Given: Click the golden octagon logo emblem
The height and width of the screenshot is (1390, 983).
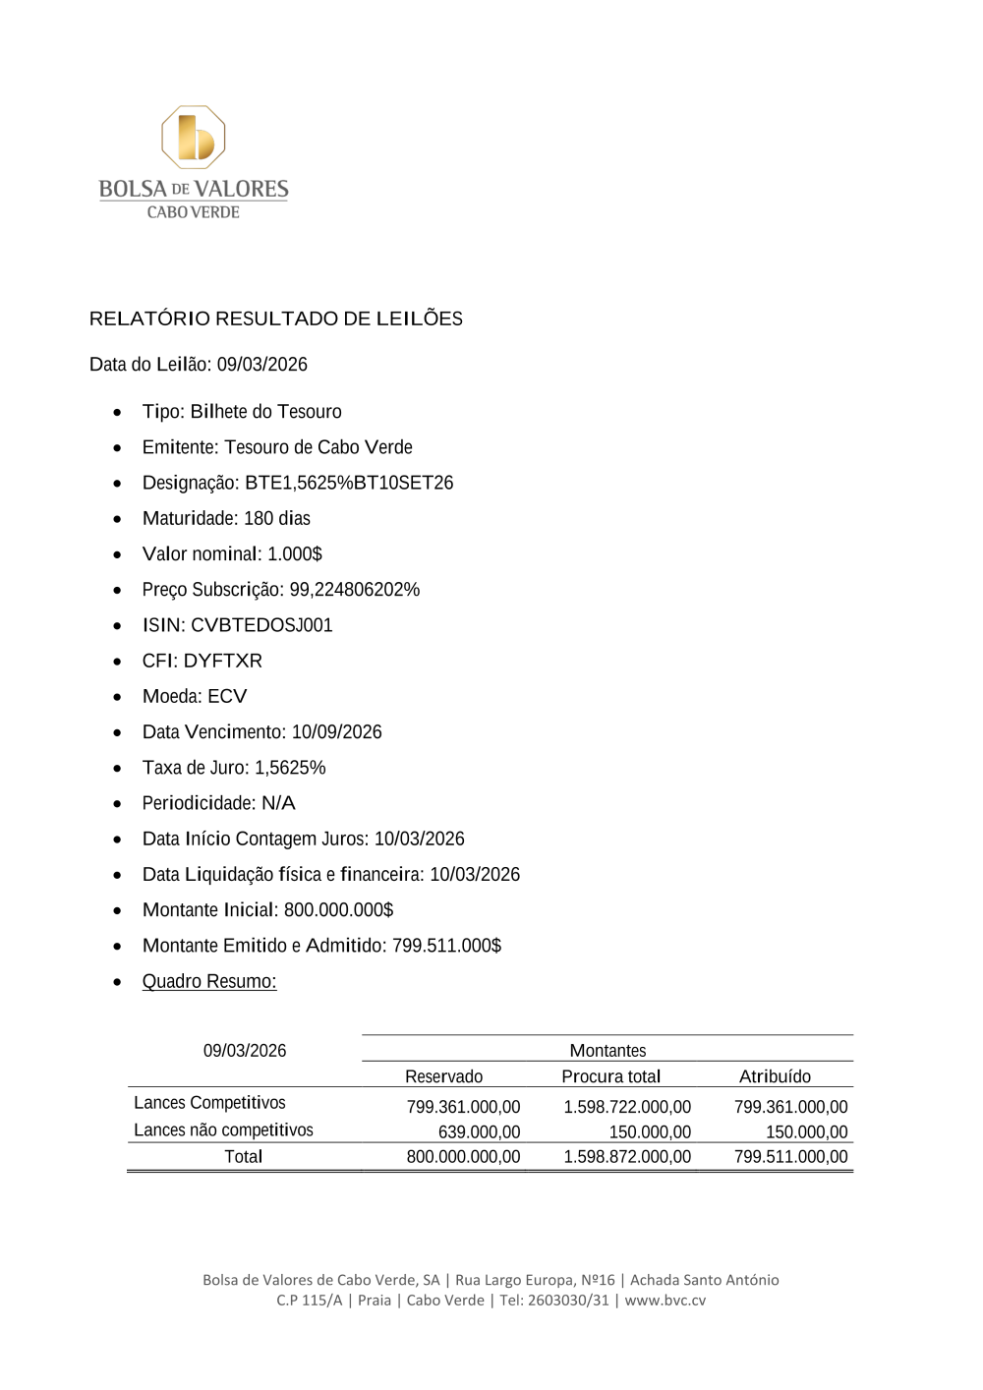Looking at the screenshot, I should coord(194,138).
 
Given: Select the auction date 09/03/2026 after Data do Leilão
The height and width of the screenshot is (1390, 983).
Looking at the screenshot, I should coord(262,365).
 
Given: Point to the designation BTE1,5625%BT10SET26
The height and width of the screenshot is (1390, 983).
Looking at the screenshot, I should coord(349,483).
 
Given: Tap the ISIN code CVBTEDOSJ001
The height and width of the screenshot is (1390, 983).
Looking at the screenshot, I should coord(261,625).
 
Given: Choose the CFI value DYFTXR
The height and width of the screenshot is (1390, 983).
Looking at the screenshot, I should coord(223,661).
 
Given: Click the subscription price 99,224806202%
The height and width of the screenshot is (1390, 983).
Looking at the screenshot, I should coord(354,590).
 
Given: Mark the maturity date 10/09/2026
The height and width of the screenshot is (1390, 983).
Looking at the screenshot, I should coord(336,732).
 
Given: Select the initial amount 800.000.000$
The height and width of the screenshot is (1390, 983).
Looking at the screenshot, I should coord(338,910).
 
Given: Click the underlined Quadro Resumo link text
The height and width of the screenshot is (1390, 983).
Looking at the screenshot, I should coord(209,981).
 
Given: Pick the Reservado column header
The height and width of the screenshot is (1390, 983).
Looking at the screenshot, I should coord(443,1076).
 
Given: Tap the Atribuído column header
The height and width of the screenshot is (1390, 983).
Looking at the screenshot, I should coord(775,1076).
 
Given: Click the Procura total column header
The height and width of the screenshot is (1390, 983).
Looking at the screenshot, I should coord(610,1076).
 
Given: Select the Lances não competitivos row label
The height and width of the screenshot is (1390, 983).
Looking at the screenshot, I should coord(223,1130).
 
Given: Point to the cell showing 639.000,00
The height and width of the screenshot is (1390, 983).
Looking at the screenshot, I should coord(479,1132).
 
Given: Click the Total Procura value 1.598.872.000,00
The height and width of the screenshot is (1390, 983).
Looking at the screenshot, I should coord(627,1157).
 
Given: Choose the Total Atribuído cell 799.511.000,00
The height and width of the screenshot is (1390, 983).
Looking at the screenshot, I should coord(790,1157).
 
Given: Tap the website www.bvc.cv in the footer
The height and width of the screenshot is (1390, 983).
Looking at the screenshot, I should coord(665,1300).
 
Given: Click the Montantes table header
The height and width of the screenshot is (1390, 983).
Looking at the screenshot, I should coord(607,1051).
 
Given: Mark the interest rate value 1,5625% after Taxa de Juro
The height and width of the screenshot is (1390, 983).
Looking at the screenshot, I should coord(290,768).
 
